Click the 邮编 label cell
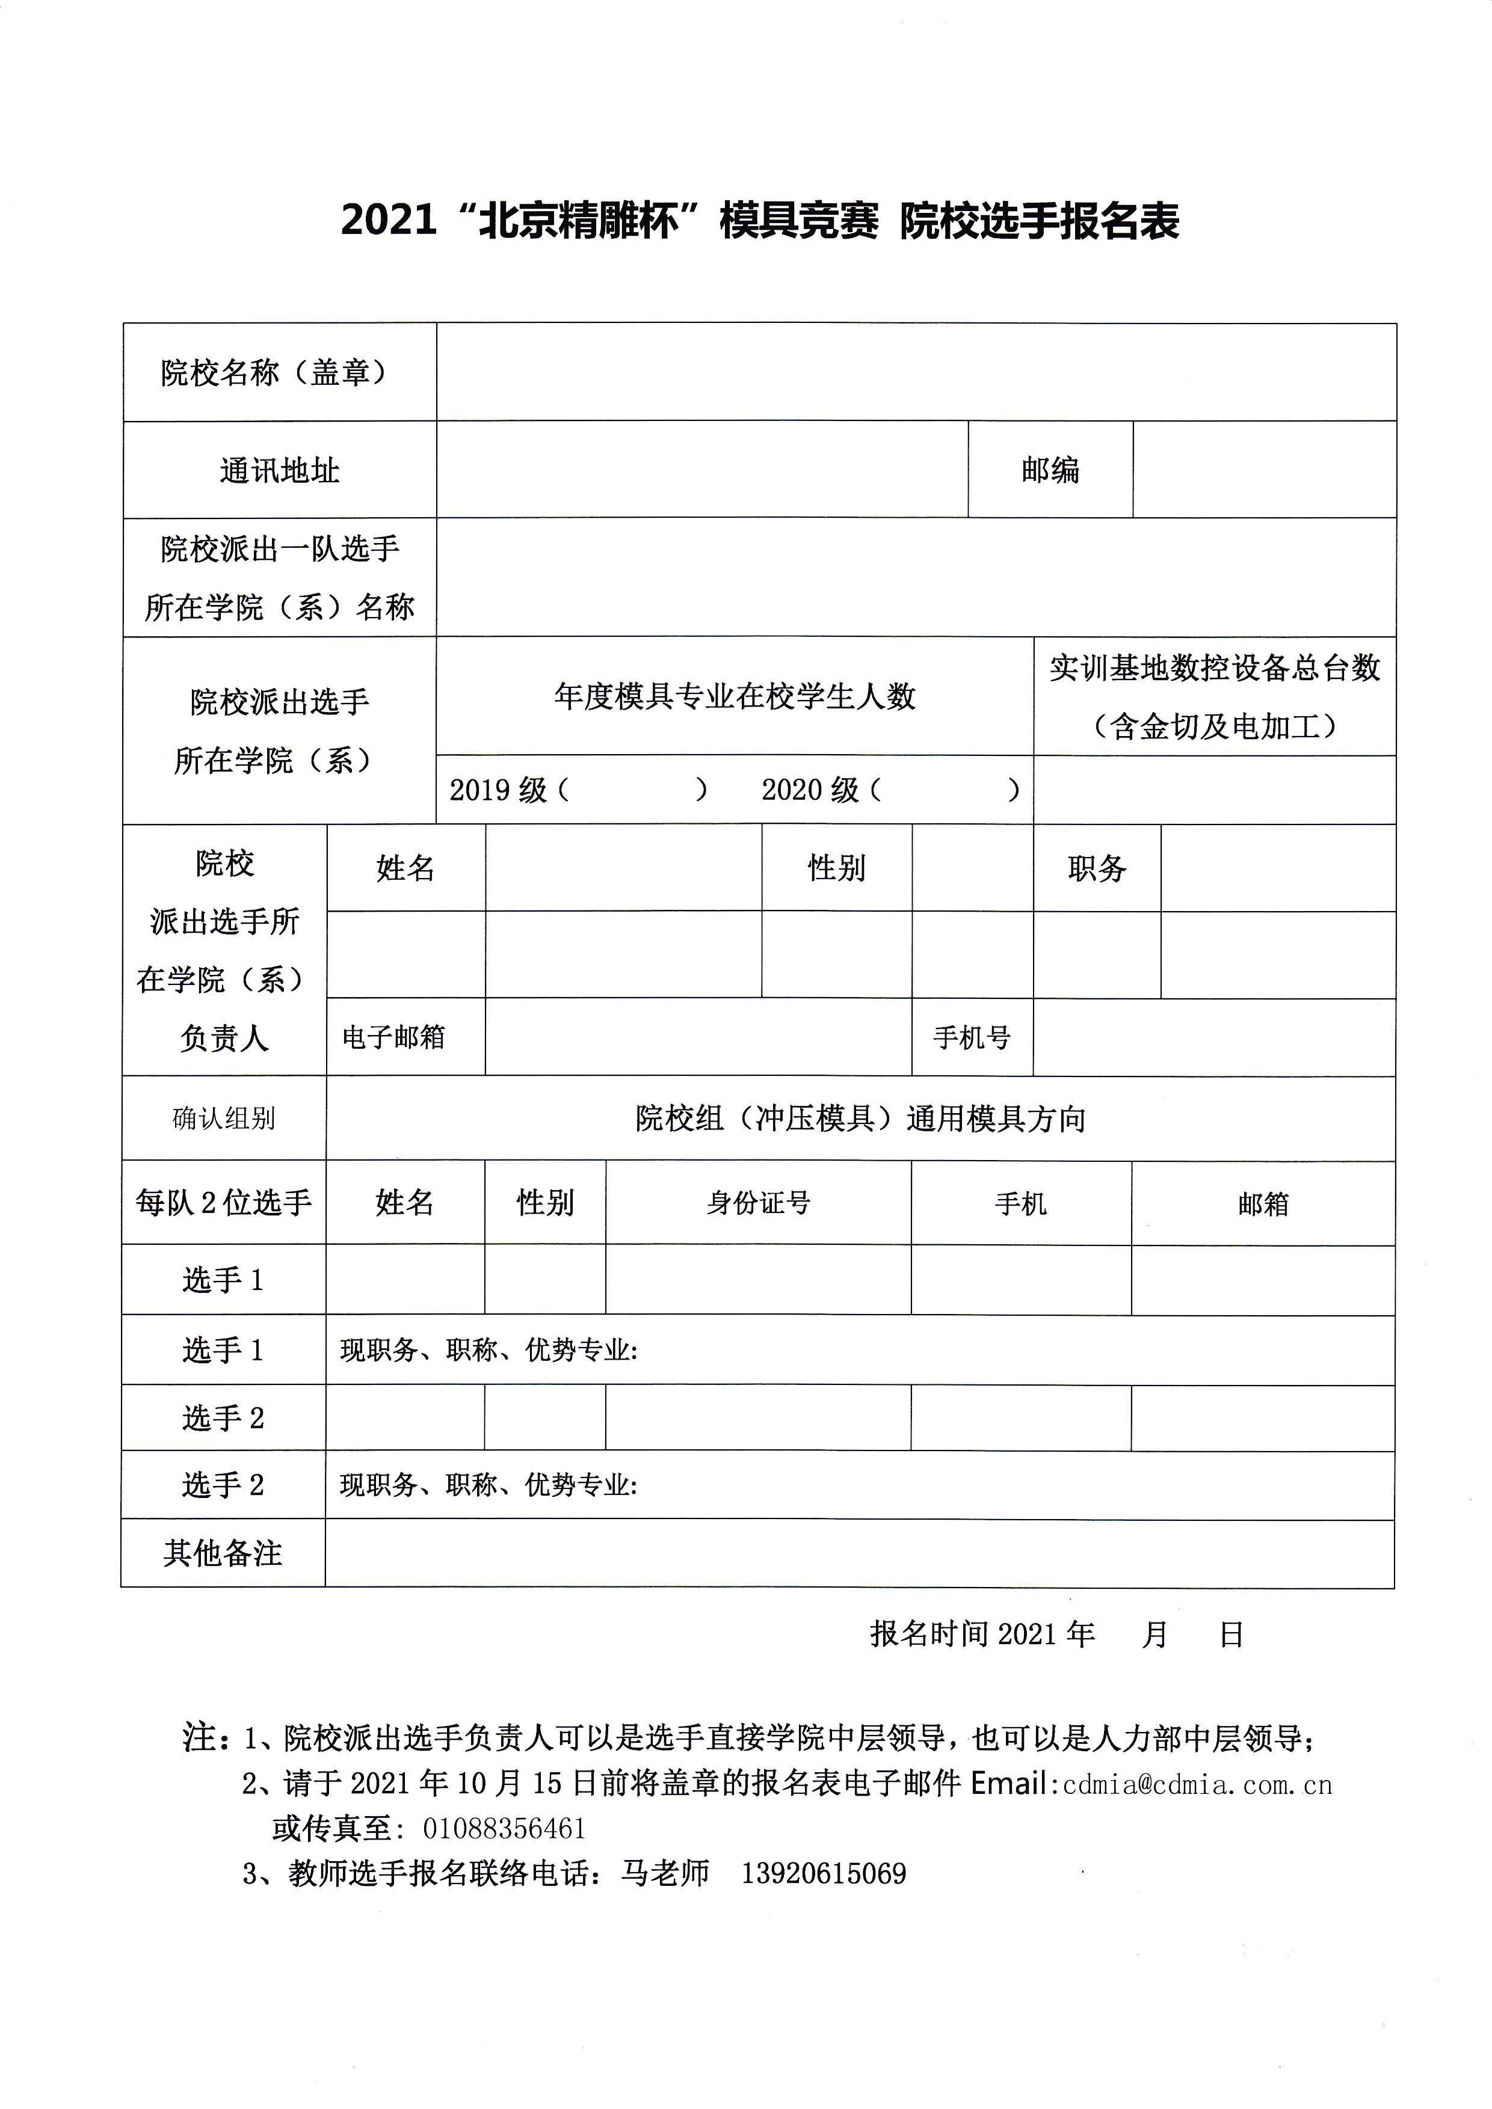click(x=1049, y=470)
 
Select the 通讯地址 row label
click(x=279, y=470)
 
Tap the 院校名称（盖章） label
click(x=274, y=372)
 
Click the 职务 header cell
click(x=1096, y=868)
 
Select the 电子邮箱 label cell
click(x=393, y=1037)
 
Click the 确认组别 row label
click(x=223, y=1118)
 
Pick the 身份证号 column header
click(x=758, y=1202)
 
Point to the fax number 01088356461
click(x=504, y=1828)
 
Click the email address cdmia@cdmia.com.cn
click(x=1196, y=1784)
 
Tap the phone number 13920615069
click(x=823, y=1873)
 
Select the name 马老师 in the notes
click(x=665, y=1873)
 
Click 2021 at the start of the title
click(x=387, y=221)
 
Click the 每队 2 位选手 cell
click(x=223, y=1202)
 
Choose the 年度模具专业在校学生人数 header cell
click(x=735, y=696)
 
